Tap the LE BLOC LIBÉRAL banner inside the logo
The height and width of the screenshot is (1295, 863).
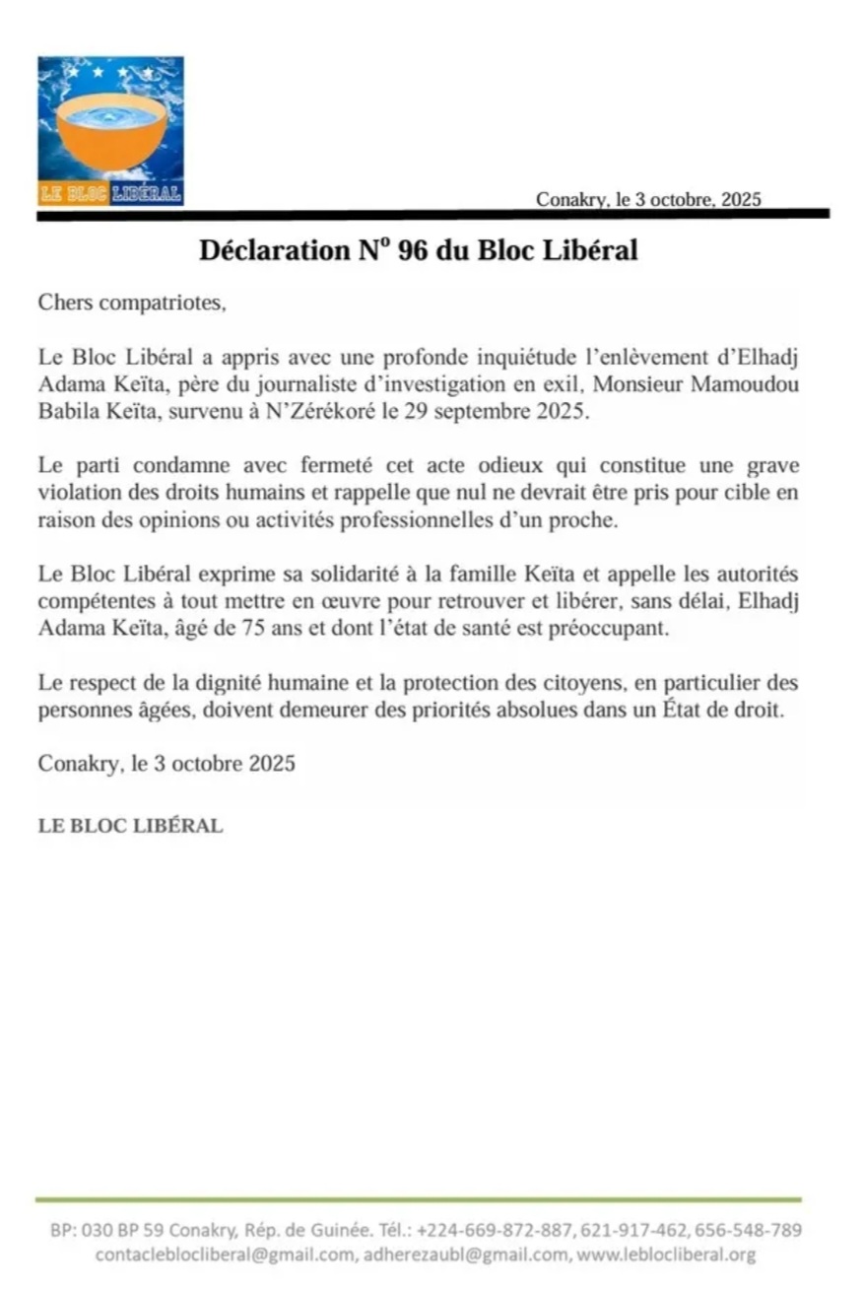point(110,192)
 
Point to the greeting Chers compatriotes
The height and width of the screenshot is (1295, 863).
point(132,303)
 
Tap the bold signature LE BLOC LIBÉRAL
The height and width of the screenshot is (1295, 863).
point(130,826)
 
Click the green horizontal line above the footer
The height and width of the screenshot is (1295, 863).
point(419,1199)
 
